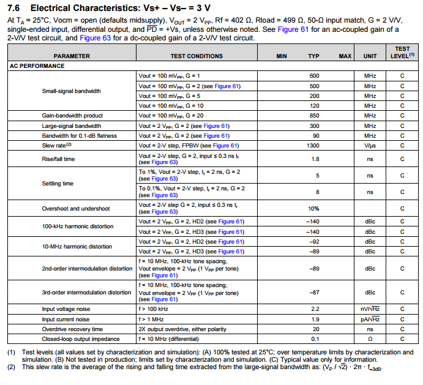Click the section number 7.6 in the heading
click(15, 8)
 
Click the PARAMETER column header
click(71, 56)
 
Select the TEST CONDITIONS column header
click(197, 56)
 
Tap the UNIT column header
click(370, 56)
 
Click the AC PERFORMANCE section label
click(37, 66)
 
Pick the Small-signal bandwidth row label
click(71, 91)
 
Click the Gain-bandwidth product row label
click(72, 116)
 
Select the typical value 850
click(314, 116)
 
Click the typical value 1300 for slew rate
click(314, 146)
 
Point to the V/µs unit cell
click(370, 146)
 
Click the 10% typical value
click(314, 208)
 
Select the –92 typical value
click(313, 242)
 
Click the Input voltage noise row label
click(66, 309)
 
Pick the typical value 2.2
click(314, 309)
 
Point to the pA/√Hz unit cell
click(370, 319)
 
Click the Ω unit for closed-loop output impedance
click(370, 338)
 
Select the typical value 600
click(314, 76)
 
